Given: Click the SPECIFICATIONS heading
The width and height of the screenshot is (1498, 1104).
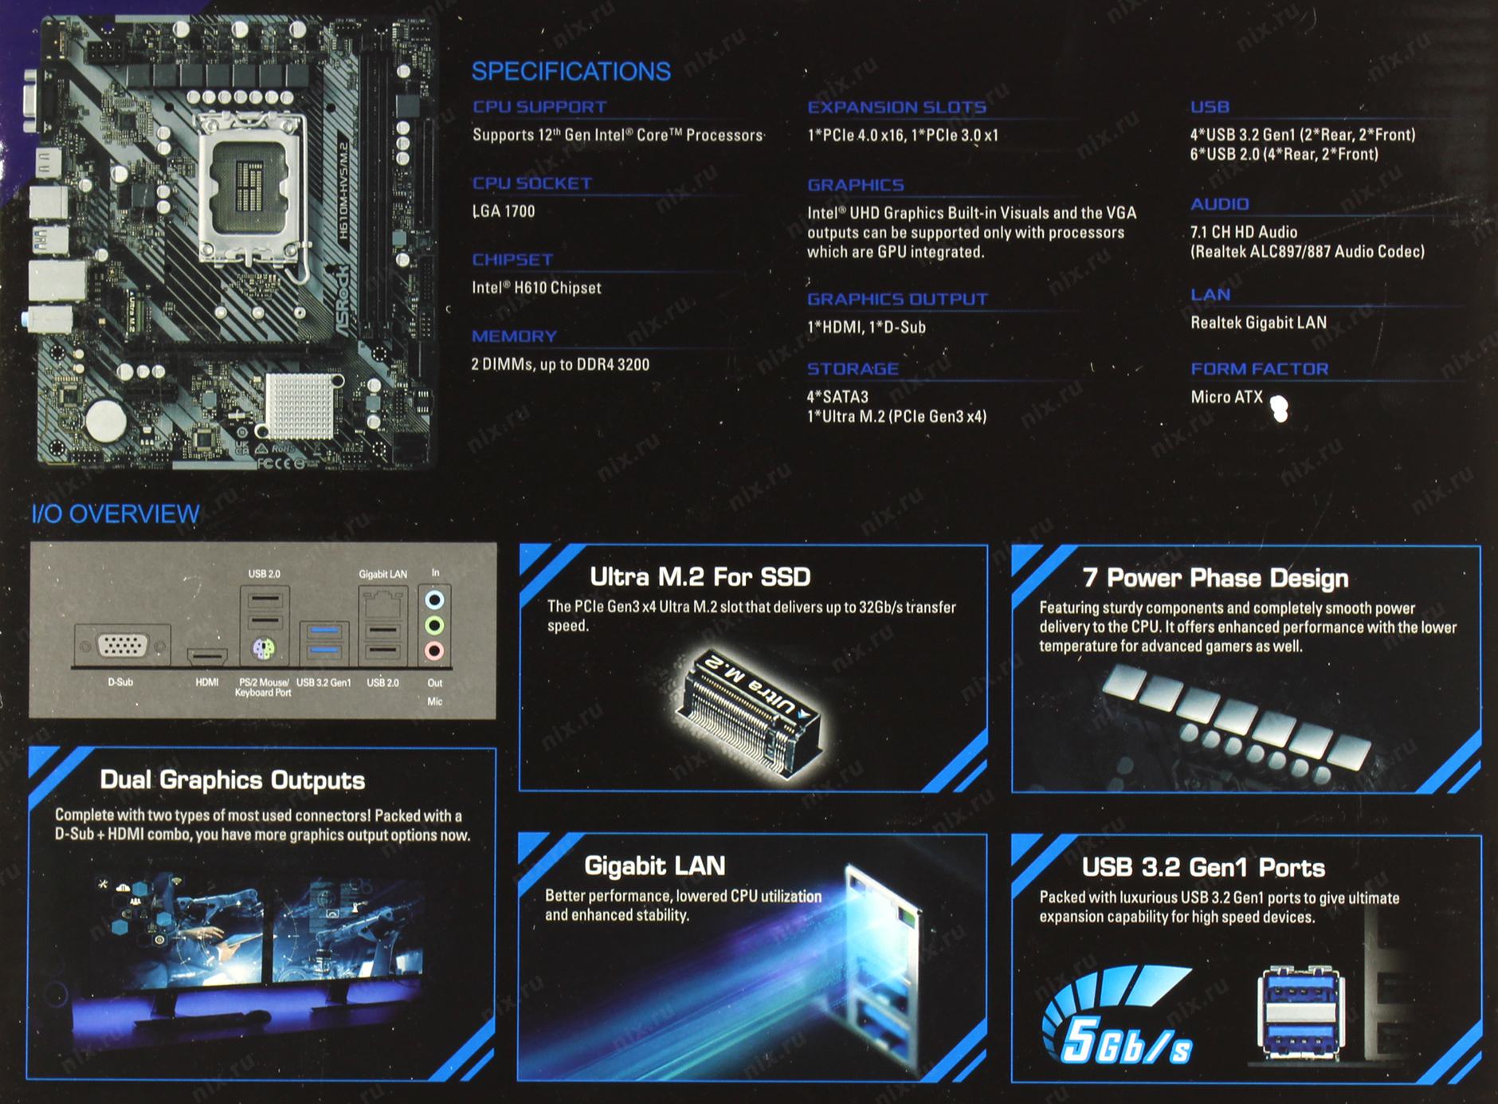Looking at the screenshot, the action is tap(571, 71).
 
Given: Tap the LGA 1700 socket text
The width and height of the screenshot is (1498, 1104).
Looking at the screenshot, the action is tap(504, 211).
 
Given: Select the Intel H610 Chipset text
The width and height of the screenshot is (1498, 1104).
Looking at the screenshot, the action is tap(536, 288).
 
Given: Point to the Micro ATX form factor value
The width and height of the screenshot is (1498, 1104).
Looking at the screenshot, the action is tap(1226, 397).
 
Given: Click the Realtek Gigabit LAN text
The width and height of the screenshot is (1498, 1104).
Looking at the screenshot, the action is tap(1258, 323).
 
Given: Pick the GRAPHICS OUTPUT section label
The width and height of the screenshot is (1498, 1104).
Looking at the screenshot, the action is tap(897, 299).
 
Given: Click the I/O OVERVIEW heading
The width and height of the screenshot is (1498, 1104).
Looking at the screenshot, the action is tap(116, 514).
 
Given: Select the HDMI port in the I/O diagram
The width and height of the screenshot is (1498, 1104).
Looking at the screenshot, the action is tap(207, 656).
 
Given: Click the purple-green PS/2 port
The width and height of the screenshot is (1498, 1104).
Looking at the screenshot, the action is tap(264, 649).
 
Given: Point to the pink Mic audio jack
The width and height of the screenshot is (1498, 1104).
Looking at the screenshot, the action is tap(434, 650).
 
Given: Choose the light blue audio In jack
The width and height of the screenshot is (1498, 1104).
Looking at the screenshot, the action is tap(434, 599).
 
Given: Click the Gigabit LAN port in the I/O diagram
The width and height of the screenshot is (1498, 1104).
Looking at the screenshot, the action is tap(383, 603).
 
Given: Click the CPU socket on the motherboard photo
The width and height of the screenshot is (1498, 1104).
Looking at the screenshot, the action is tap(251, 183).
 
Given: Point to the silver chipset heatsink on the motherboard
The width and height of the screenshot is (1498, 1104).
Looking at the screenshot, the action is tap(300, 406).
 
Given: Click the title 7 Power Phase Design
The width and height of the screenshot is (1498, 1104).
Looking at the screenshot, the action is tap(1215, 578).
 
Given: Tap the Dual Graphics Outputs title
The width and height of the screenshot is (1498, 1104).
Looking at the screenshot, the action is tap(233, 780).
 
